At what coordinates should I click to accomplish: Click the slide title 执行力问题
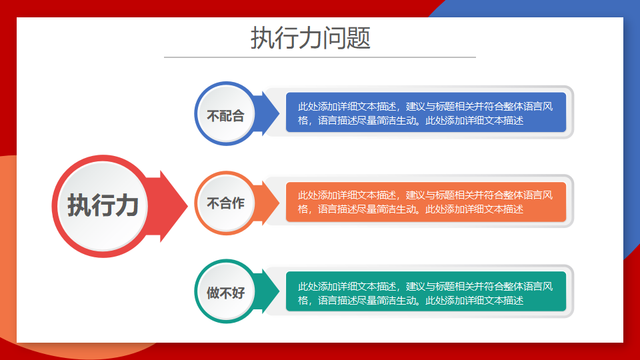point(310,38)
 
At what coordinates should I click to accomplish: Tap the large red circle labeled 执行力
point(103,206)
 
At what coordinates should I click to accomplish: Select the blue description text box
point(426,112)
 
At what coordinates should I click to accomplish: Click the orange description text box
point(426,202)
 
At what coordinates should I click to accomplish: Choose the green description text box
point(426,291)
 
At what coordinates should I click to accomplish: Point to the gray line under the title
point(320,57)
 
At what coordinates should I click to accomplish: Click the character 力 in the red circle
point(127,205)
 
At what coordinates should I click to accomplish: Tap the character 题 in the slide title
point(359,38)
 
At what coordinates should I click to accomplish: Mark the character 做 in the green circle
point(213,293)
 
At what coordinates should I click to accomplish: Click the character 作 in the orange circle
point(239,203)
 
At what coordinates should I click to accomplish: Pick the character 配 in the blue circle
point(226,116)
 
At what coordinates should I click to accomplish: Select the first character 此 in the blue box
point(303,107)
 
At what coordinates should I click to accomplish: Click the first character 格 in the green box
point(303,301)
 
